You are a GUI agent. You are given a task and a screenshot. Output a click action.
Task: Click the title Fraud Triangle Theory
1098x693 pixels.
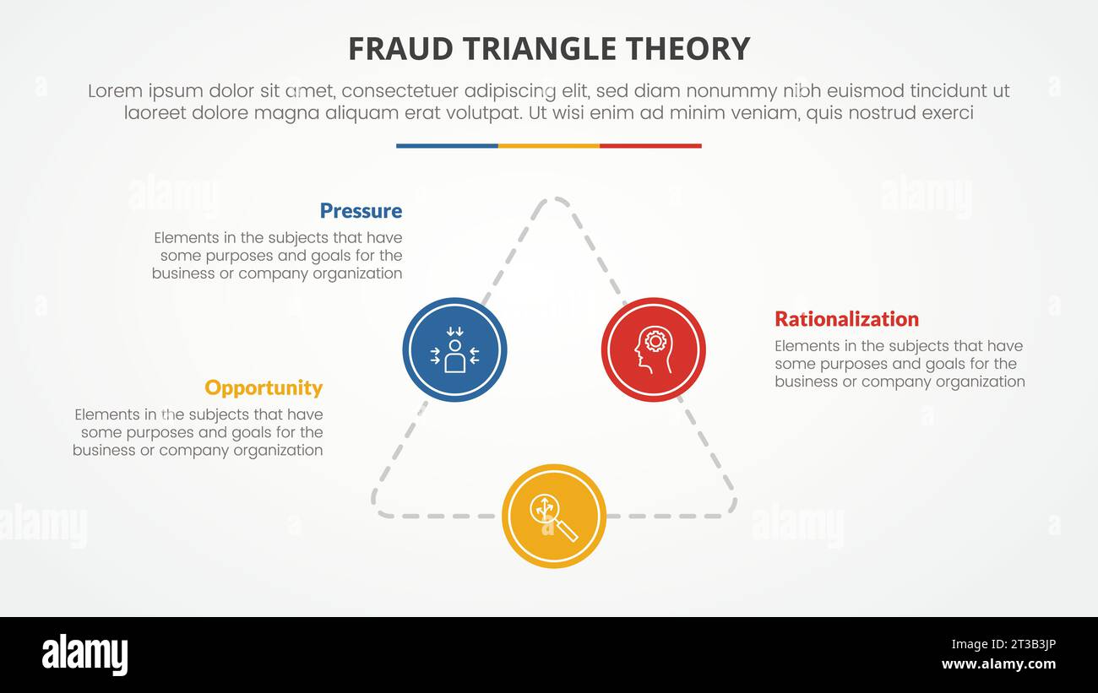549,49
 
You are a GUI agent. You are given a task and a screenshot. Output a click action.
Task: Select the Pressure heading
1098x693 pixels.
361,211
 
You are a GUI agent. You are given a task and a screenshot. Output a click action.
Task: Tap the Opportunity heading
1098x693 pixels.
264,387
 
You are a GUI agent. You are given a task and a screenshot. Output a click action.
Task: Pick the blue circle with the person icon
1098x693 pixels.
454,349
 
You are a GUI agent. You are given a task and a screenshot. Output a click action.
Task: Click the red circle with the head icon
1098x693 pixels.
653,349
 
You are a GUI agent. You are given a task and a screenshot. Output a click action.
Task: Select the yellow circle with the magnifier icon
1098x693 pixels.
554,516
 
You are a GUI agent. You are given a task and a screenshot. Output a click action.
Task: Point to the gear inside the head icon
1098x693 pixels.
655,341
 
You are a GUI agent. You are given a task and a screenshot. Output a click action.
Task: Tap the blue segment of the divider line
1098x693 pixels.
447,146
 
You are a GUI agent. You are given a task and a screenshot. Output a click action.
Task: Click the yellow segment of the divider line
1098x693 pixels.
549,146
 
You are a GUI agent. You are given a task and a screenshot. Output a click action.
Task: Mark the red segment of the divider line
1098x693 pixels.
650,146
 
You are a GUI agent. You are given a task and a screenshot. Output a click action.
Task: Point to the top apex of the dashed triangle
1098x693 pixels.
554,200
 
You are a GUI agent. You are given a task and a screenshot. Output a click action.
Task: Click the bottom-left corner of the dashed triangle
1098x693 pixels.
378,508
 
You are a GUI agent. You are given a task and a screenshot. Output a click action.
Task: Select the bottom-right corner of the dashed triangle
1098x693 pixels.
731,508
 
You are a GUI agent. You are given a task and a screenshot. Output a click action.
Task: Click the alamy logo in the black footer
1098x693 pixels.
84,655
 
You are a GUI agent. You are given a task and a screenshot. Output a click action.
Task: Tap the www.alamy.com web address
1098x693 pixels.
998,664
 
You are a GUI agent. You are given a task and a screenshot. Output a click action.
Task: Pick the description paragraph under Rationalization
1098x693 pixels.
900,364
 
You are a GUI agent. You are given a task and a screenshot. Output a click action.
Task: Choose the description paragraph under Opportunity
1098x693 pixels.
198,432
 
